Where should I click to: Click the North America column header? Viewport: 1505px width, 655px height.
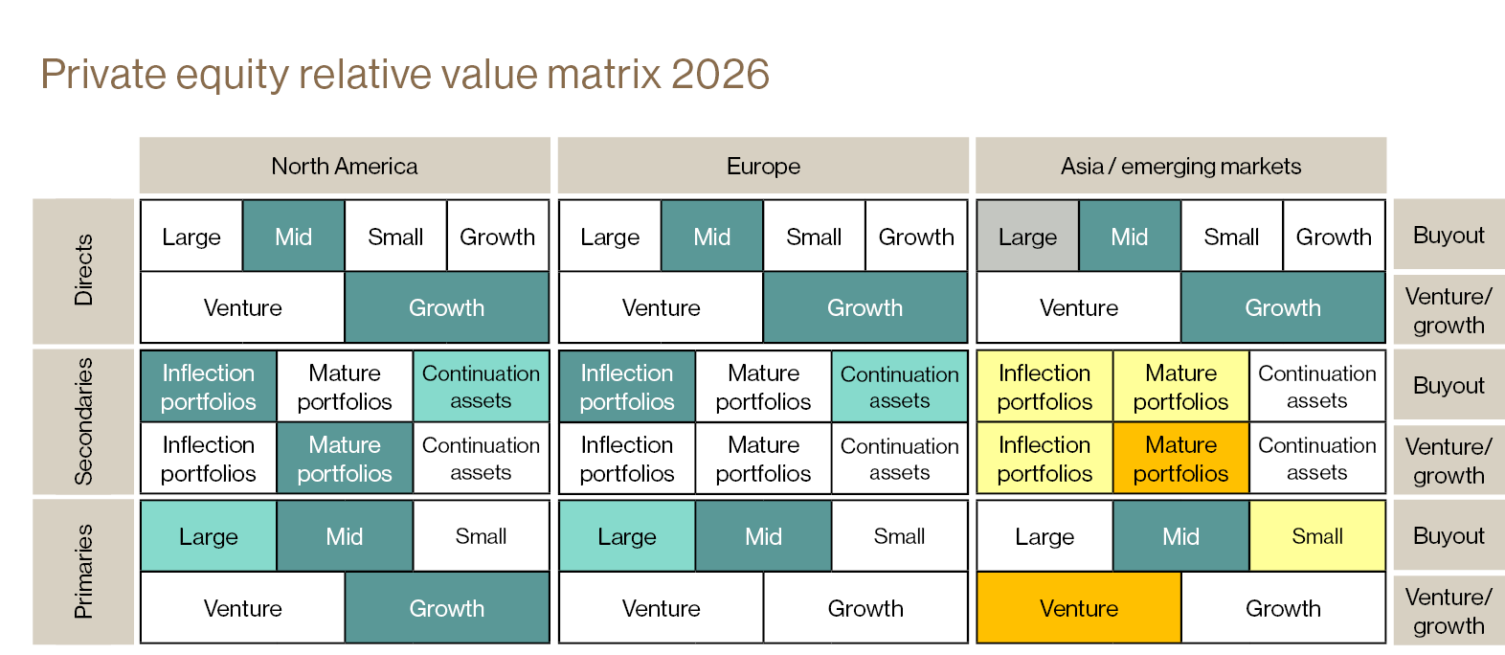(345, 166)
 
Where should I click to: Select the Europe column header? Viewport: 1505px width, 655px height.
(763, 166)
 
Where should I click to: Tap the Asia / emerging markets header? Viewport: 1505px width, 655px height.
(1180, 166)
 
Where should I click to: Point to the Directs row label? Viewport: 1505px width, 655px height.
(84, 271)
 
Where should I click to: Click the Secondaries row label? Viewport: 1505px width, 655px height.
(84, 421)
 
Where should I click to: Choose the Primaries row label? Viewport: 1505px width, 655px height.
(84, 572)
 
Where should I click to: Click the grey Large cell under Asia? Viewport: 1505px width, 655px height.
(1027, 237)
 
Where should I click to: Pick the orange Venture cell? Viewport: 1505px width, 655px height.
(1079, 608)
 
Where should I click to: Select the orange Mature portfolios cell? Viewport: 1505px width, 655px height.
(1180, 459)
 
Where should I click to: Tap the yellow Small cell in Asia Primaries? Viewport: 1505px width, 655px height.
(1317, 536)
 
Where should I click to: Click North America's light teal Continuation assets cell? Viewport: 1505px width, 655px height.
(481, 386)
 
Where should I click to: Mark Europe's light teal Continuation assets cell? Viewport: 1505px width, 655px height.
(899, 386)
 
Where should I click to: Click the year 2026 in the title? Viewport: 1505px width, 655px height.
(721, 75)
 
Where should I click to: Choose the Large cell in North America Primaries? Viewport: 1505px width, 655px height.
(209, 536)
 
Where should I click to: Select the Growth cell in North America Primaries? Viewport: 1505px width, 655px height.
(446, 608)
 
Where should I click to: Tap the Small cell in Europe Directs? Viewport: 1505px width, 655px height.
(814, 237)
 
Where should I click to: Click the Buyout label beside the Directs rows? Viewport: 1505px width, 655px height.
(1449, 236)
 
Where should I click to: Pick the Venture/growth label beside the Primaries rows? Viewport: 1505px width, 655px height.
(1449, 611)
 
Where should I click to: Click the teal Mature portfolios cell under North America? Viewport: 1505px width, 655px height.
(345, 459)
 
